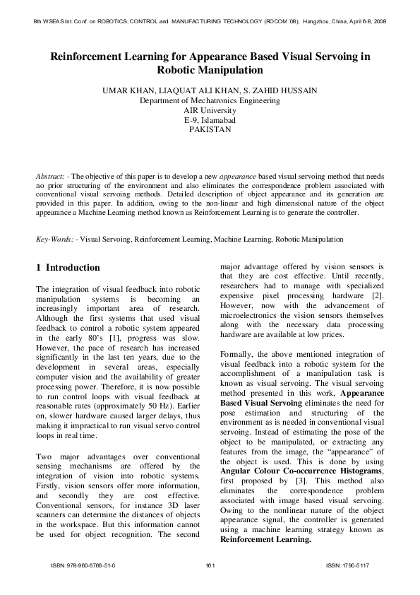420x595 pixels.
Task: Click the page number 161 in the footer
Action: point(210,566)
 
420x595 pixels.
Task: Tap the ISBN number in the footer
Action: point(83,566)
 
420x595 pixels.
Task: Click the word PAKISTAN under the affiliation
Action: point(210,130)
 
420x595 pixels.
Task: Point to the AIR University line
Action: point(210,111)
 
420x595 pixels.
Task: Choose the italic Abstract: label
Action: point(52,175)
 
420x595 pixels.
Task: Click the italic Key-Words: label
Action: point(54,240)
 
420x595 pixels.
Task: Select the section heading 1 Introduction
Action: point(68,268)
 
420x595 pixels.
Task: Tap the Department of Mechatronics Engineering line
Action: point(210,101)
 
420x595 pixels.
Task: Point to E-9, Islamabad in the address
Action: point(210,121)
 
